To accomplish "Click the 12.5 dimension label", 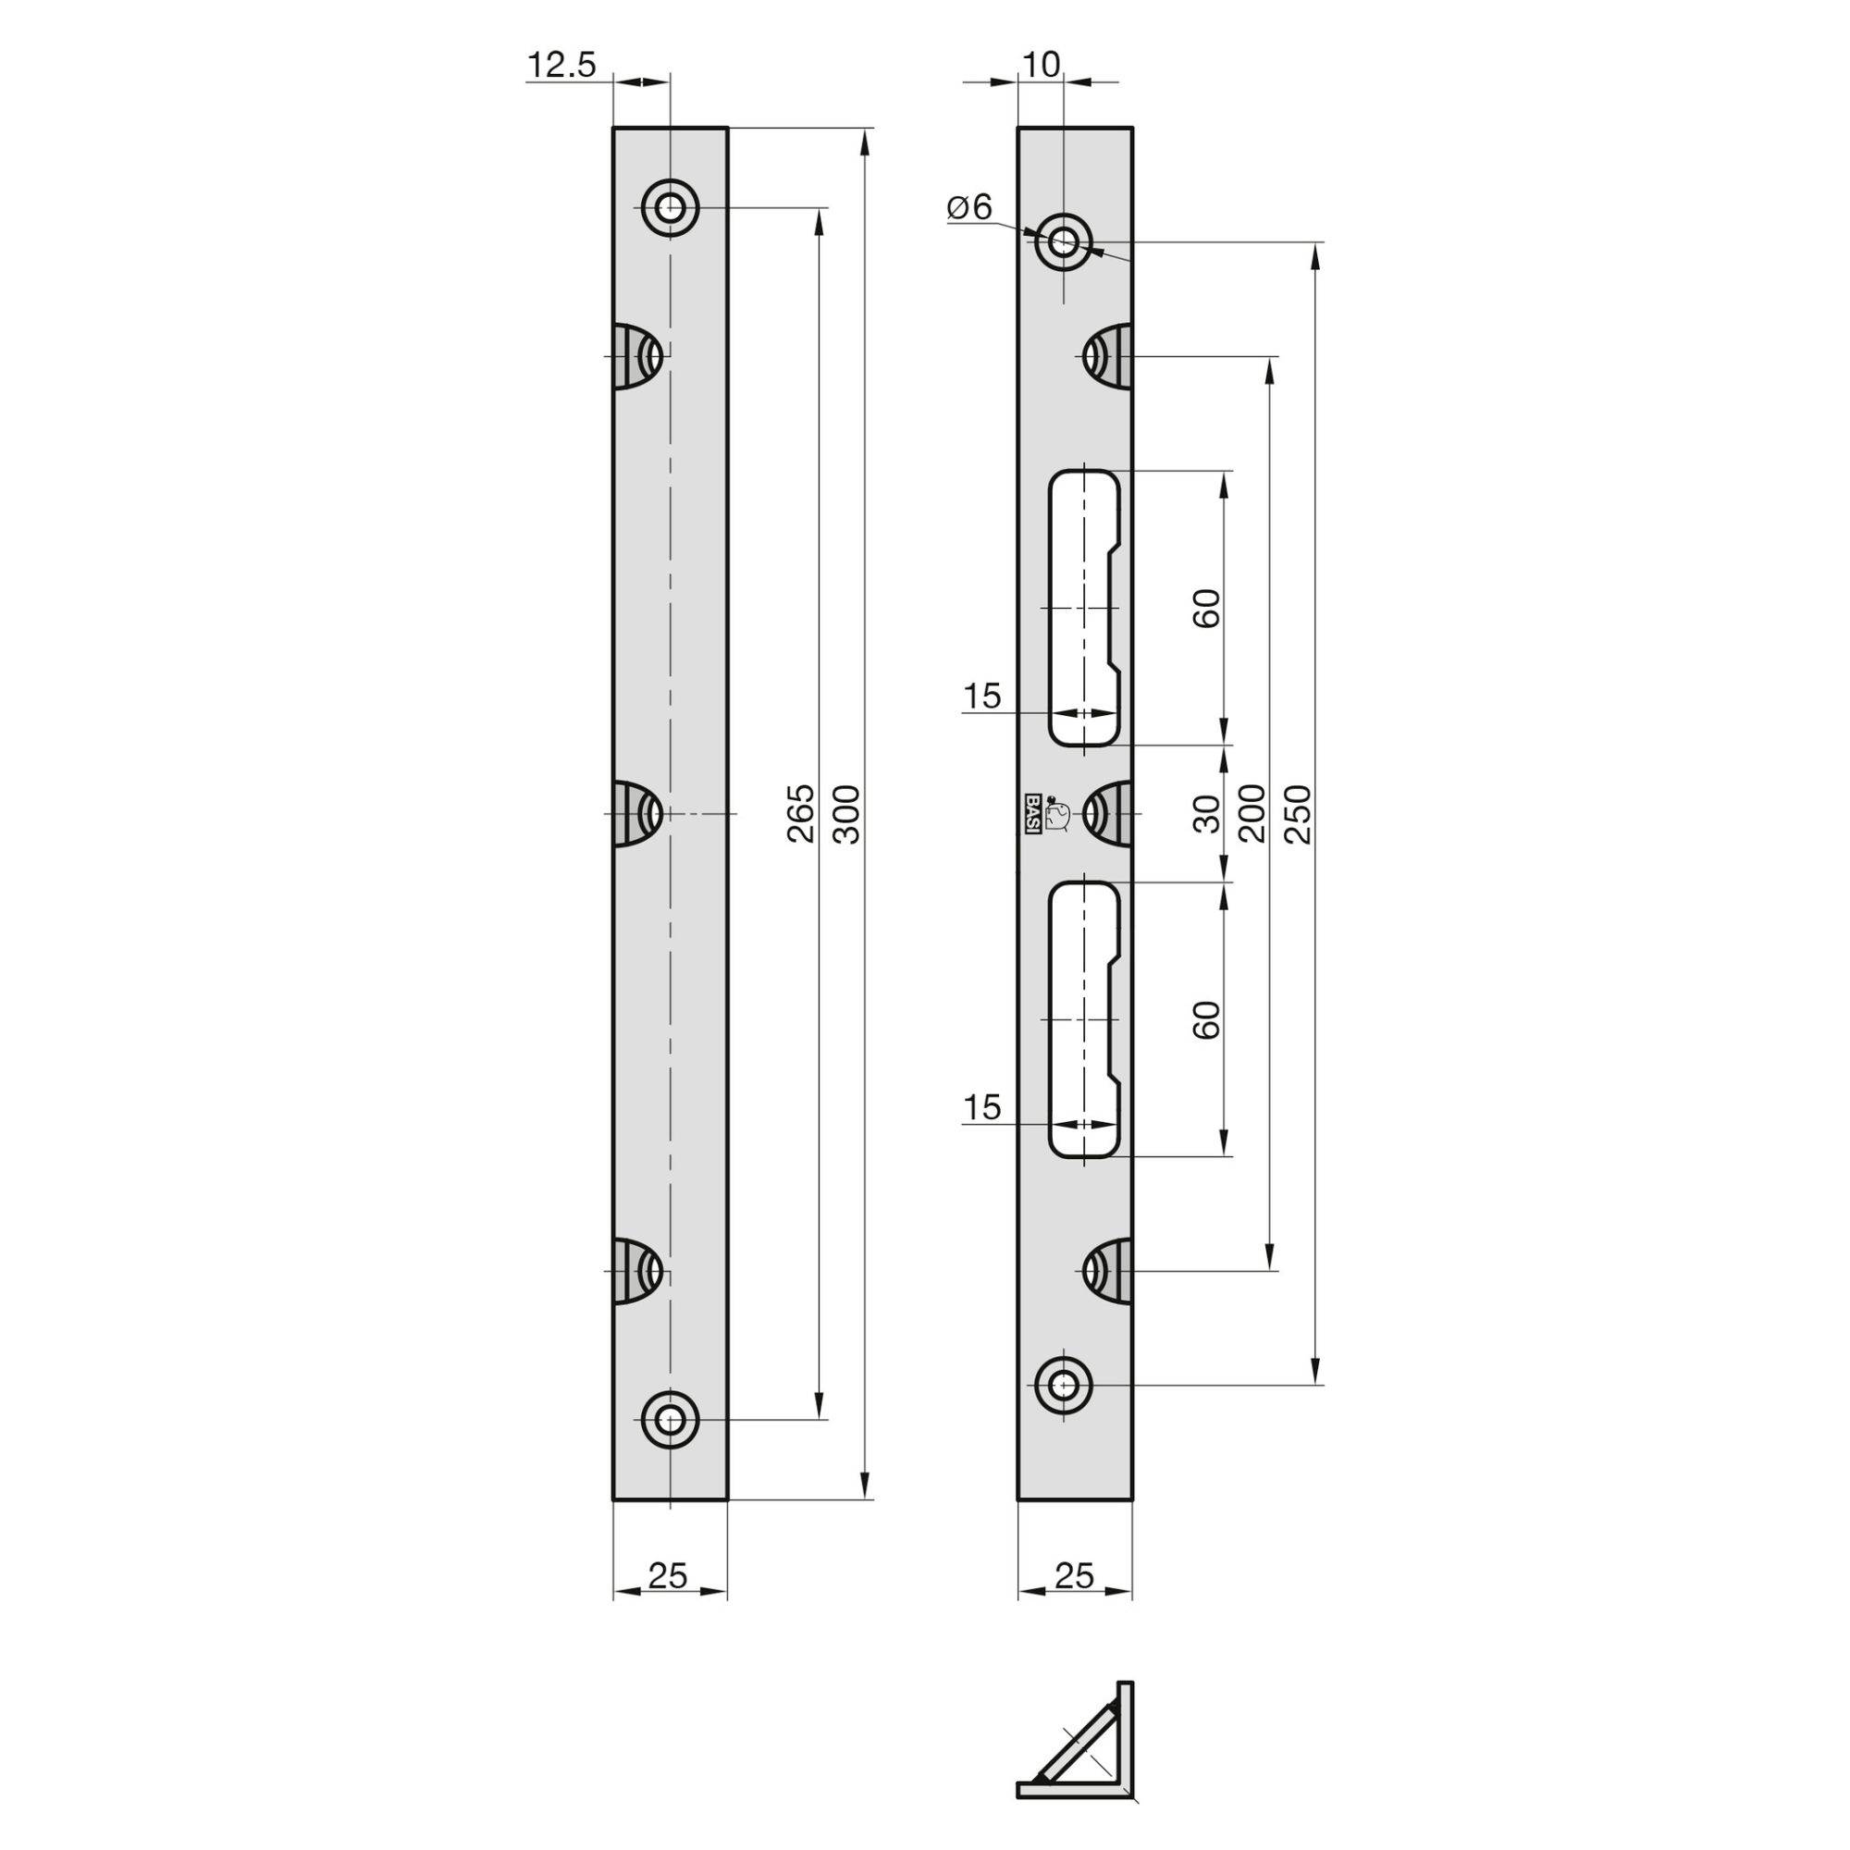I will click(x=561, y=65).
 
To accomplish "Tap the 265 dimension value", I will click(x=800, y=813).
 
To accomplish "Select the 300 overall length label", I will click(x=847, y=813).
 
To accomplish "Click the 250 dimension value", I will click(x=1298, y=813).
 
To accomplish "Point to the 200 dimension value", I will click(x=1252, y=813).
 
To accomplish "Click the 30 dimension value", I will click(x=1208, y=813).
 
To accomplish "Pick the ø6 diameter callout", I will click(x=971, y=207).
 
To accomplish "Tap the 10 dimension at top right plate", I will click(x=1041, y=65).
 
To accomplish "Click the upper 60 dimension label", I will click(x=1208, y=608).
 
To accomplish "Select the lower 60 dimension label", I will click(x=1208, y=1018).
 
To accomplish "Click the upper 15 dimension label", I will click(x=981, y=697).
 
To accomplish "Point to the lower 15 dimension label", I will click(x=981, y=1108).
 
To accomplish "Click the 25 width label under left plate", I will click(x=669, y=1574).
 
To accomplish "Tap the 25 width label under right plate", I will click(x=1073, y=1574).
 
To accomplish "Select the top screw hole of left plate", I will click(x=671, y=207).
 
